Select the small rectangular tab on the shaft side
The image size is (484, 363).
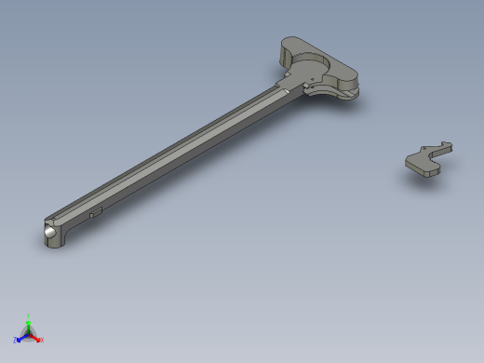point(95,212)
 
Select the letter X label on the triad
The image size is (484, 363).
point(42,340)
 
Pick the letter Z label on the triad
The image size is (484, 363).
point(15,340)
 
